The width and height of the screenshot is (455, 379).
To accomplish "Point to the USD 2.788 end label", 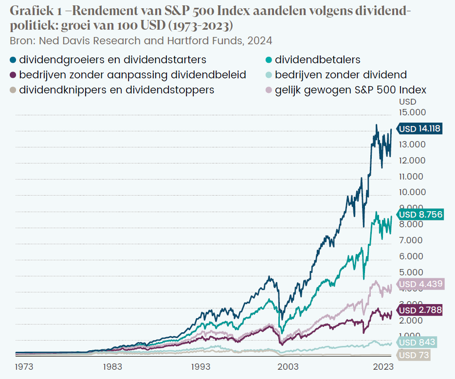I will (x=419, y=310).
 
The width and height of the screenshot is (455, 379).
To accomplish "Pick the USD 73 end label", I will (x=414, y=356).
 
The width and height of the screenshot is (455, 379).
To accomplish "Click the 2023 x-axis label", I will (x=383, y=366).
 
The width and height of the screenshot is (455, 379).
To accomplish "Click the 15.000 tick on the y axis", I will (x=412, y=112).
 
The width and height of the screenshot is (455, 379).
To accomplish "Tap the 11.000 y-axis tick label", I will (x=412, y=176).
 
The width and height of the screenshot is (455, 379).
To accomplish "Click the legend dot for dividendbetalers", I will (x=268, y=60).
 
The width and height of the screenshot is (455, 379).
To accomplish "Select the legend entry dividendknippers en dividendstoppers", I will (x=116, y=90).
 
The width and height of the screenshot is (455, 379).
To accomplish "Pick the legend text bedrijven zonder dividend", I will (x=341, y=75).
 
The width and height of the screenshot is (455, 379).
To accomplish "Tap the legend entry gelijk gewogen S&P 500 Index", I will (x=350, y=90).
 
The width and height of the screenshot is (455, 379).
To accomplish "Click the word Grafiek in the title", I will (x=30, y=11).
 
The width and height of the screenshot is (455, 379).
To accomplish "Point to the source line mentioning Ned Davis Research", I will (x=141, y=40).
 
